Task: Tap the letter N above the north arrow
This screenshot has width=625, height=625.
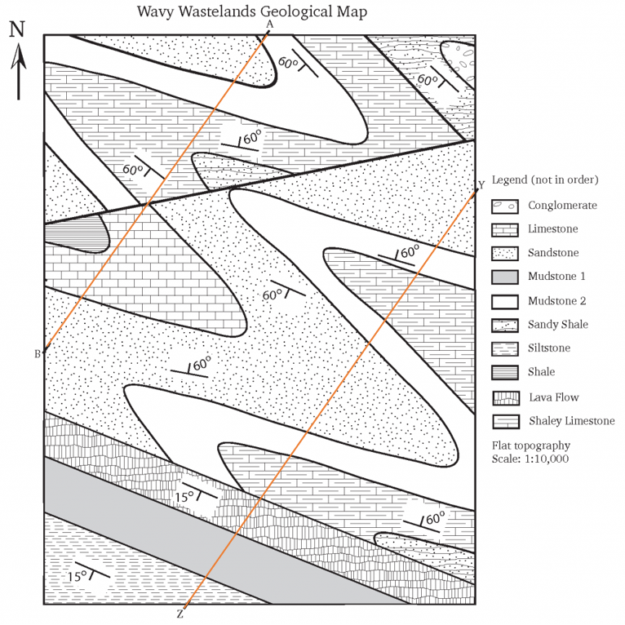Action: [x=17, y=29]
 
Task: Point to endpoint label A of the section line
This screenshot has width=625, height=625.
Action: [x=269, y=24]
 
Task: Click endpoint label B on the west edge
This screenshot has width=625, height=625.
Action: [x=37, y=354]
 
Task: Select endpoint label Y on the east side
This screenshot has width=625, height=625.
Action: [x=481, y=184]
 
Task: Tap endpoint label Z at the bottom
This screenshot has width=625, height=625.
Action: [x=180, y=614]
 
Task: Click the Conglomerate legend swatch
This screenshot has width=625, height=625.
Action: [x=504, y=206]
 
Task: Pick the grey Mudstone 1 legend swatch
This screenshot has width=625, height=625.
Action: [x=504, y=277]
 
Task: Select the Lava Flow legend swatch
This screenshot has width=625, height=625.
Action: [x=504, y=397]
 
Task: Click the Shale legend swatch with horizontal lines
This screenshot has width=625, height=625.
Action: [x=504, y=373]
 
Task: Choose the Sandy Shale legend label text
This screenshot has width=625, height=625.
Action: [x=557, y=325]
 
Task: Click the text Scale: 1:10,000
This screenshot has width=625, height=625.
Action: [x=530, y=459]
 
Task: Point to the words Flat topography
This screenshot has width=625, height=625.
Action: [x=531, y=445]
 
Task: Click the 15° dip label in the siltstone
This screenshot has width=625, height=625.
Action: [x=77, y=576]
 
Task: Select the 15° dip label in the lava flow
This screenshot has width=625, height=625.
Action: [x=184, y=495]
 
